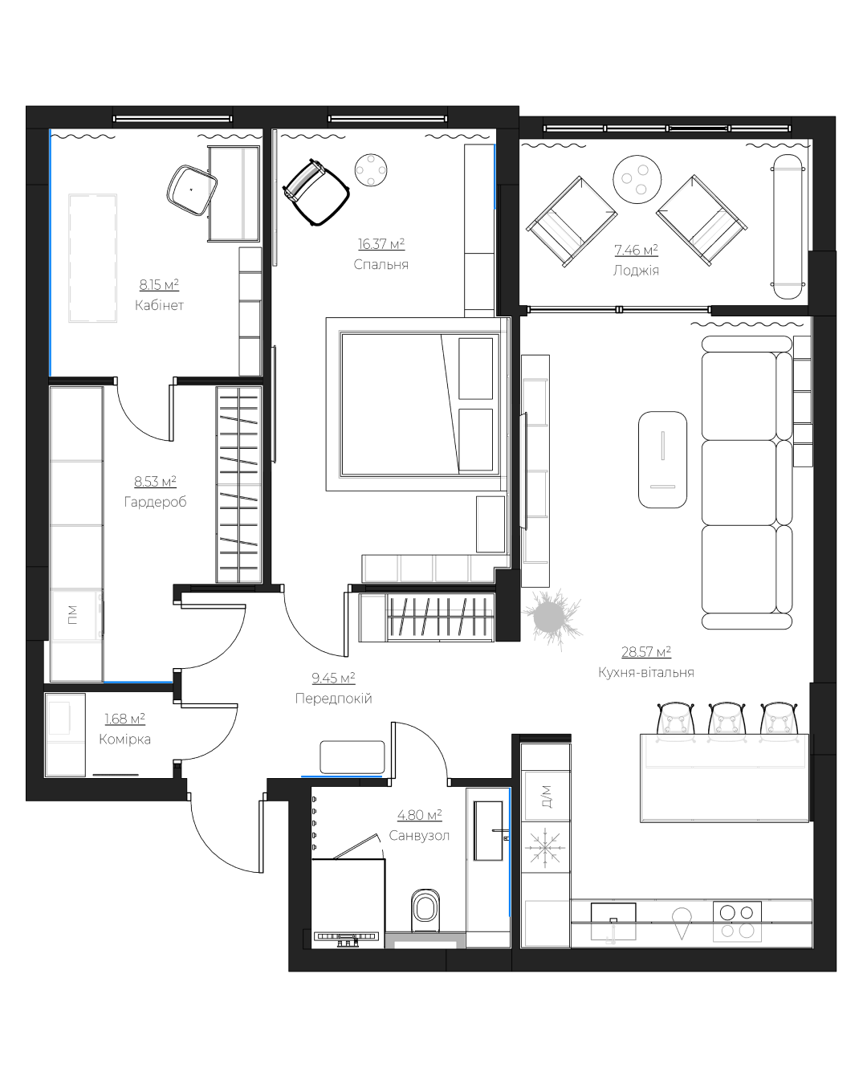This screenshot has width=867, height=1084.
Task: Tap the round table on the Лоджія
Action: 637,179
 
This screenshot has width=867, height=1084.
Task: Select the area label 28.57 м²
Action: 646,652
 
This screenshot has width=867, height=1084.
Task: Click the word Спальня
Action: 381,264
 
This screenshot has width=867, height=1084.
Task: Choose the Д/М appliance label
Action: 547,797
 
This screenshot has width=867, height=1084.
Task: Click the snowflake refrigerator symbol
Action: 545,848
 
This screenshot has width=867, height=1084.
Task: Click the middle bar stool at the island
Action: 727,720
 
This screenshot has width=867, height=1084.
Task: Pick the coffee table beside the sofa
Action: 662,459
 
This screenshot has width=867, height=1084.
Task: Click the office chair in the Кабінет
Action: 192,190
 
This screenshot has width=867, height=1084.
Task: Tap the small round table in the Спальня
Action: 371,170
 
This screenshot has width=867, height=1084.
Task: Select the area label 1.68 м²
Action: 125,719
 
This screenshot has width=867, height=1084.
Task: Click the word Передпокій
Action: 333,698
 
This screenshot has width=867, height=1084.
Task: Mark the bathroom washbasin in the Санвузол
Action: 488,830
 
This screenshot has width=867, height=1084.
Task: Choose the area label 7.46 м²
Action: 636,250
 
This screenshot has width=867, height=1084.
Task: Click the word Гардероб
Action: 155,502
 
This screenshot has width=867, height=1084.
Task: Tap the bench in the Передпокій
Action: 352,756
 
